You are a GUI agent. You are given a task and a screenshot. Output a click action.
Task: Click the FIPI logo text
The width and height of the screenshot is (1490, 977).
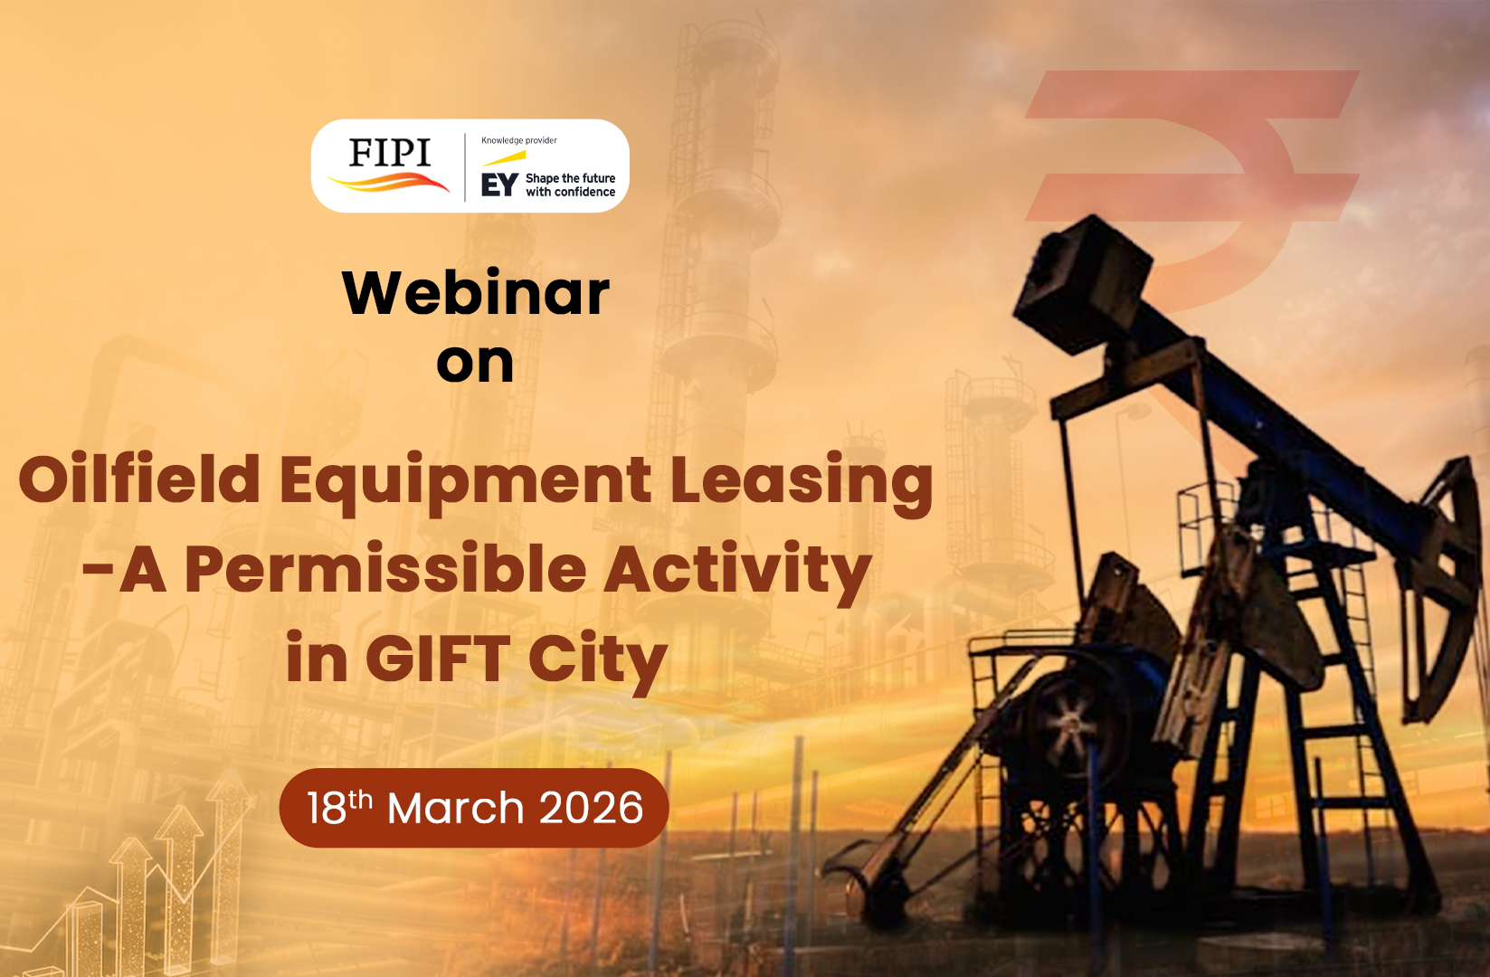[x=390, y=153]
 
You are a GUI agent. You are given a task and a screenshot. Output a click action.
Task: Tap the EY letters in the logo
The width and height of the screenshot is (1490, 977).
[x=499, y=185]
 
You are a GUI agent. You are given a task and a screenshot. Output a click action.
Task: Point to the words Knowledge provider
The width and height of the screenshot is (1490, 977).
[x=519, y=140]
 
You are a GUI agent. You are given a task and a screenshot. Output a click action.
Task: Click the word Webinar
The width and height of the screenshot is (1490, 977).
[x=476, y=292]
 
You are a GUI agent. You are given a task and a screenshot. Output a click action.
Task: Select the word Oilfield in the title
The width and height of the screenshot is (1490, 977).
[x=139, y=479]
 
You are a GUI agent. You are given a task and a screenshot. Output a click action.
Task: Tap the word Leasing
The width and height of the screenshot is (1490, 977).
[x=802, y=484]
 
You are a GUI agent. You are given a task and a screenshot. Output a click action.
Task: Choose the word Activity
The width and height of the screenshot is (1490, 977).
[x=737, y=574]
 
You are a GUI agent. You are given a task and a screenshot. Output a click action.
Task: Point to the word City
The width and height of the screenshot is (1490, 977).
[x=598, y=663]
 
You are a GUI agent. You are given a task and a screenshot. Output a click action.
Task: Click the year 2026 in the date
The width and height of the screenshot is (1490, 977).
[x=591, y=809]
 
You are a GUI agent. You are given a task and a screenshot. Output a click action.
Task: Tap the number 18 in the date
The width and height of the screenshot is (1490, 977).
[x=327, y=809]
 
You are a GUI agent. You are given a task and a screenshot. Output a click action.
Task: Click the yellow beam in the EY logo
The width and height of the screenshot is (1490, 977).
[x=504, y=158]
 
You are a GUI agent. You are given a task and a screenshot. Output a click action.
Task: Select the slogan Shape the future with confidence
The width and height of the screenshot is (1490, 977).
[x=571, y=185]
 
